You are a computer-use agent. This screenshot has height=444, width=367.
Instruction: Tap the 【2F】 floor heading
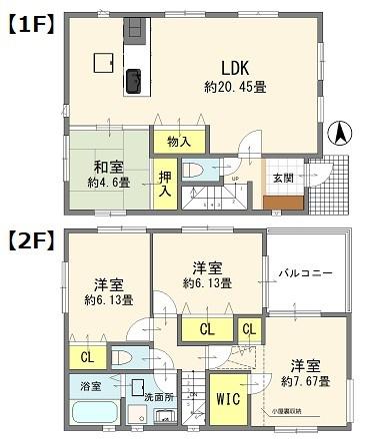pos(33,239)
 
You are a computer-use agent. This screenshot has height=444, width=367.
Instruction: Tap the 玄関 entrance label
pos(282,178)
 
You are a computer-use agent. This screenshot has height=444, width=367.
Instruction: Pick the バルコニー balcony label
pos(305,270)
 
